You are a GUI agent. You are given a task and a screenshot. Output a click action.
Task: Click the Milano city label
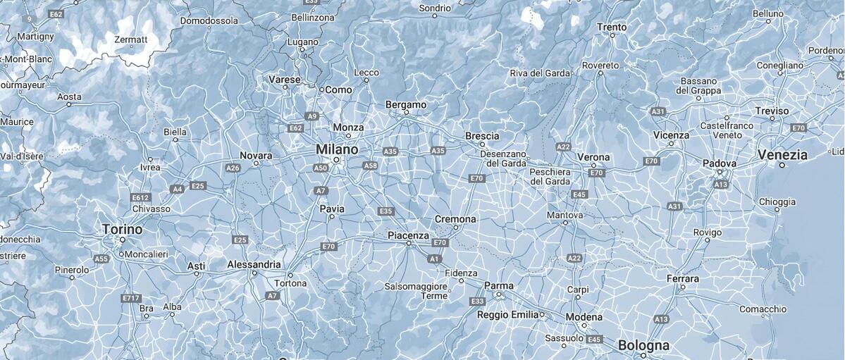[x=336, y=149]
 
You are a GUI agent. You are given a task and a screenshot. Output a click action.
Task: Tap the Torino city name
[x=122, y=230]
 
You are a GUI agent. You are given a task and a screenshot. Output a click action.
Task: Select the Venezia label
[x=782, y=154]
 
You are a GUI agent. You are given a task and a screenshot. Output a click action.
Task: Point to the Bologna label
[x=643, y=346]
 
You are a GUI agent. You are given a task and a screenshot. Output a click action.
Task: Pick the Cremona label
[x=455, y=219]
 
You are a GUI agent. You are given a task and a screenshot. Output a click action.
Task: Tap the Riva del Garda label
[x=540, y=73]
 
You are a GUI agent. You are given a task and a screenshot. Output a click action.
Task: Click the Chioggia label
[x=777, y=202]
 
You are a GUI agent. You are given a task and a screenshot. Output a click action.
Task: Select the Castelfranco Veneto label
[x=727, y=130]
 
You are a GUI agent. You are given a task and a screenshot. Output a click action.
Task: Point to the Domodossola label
[x=209, y=21]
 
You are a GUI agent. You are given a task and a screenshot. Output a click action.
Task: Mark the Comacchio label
[x=763, y=309]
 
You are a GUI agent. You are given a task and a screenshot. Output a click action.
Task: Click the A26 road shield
[x=233, y=168]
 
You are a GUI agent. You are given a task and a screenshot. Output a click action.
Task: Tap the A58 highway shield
[x=371, y=166]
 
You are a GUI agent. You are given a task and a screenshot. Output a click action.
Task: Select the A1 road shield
[x=434, y=259]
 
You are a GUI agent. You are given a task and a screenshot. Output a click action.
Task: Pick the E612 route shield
[x=140, y=198]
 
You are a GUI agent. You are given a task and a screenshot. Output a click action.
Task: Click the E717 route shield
[x=130, y=298]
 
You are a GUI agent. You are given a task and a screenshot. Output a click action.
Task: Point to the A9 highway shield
[x=312, y=116]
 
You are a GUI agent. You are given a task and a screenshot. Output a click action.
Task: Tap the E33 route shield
[x=476, y=301]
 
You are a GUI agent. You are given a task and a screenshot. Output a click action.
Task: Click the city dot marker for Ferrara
[x=681, y=287]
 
